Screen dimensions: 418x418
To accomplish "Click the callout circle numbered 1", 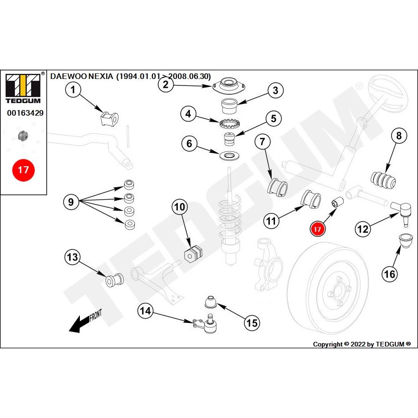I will click(x=73, y=89).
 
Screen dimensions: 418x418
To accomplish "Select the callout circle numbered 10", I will click(x=179, y=207).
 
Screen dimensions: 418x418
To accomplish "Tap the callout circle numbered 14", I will click(x=146, y=311).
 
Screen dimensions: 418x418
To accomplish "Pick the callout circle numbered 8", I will click(x=398, y=136).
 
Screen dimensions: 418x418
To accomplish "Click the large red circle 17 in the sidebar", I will click(x=23, y=170).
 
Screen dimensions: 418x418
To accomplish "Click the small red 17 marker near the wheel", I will click(x=318, y=229).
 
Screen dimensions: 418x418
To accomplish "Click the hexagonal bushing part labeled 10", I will click(x=194, y=253).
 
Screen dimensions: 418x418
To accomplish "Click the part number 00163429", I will click(x=25, y=112).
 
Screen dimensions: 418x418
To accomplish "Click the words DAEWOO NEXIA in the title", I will click(x=82, y=76).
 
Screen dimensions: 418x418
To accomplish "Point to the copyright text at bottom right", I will click(x=362, y=344).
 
